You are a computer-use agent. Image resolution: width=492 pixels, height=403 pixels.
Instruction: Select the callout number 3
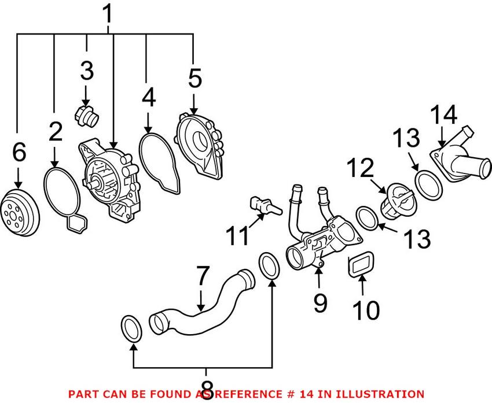(86, 71)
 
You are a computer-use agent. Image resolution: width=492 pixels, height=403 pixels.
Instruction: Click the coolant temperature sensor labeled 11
(263, 205)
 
